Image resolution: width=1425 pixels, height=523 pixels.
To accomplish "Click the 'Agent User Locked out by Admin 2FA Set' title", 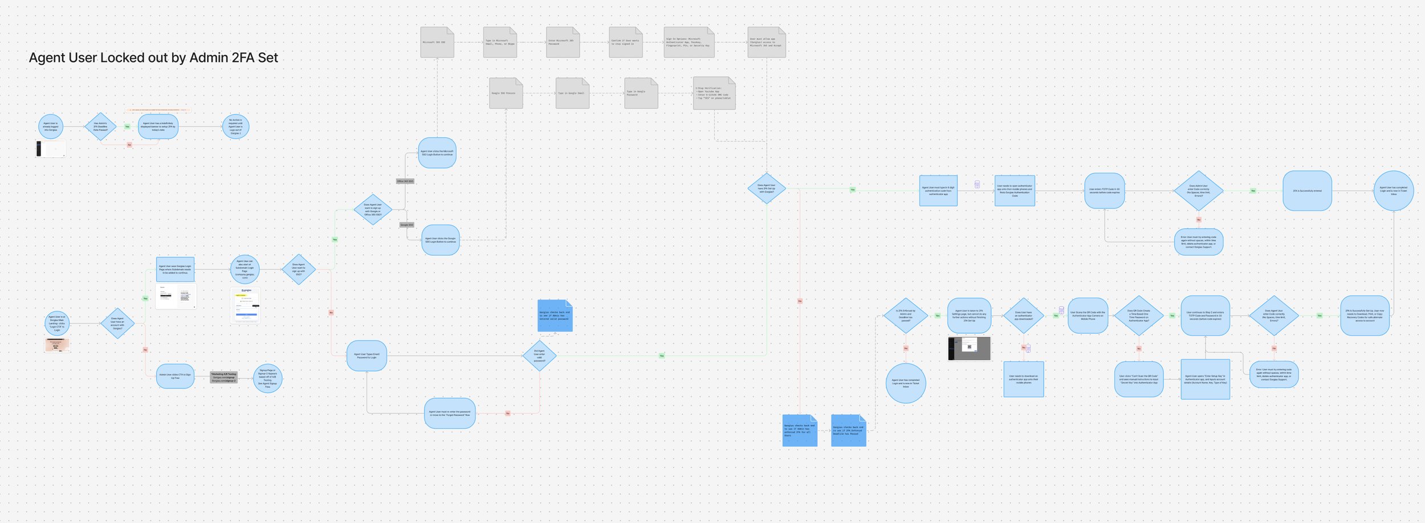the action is pos(153,58).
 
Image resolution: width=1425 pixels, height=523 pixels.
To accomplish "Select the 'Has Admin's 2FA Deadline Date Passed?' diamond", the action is pos(100,126).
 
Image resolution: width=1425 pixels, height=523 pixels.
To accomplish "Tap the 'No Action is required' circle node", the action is pos(235,126).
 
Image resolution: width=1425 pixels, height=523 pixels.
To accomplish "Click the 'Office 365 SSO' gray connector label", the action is pos(405,181).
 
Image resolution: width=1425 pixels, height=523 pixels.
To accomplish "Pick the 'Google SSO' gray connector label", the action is pos(406,225).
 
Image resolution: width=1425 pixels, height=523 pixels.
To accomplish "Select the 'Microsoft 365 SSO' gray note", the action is pos(437,42).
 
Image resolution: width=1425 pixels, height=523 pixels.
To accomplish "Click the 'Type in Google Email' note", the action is pos(572,93).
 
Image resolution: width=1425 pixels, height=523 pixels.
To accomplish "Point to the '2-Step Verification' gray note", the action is pos(714,93).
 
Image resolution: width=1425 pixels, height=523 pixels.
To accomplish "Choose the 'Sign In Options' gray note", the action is pos(689,42).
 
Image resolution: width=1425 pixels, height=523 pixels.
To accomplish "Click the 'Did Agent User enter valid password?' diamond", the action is pos(539,356).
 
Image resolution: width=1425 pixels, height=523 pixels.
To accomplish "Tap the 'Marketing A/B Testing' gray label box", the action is pos(223,377).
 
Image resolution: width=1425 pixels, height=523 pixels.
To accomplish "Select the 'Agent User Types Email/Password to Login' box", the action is pos(367,356).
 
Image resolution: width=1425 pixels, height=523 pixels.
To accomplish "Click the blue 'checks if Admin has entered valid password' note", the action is pos(555,316).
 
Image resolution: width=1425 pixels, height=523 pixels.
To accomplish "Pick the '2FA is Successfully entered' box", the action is pos(1307,191).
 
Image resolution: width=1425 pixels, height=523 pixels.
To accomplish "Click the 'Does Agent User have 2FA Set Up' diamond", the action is pos(767,189).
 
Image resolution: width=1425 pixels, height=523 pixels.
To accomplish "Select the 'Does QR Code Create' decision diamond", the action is pos(1139,316).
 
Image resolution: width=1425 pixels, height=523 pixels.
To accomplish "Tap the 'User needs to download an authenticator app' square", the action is pos(1023,379).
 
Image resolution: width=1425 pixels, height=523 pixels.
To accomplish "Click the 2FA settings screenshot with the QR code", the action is pos(969,348).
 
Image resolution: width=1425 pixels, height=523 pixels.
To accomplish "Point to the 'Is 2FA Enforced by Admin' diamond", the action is pos(906,316).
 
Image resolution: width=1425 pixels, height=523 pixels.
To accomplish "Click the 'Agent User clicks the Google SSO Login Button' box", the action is pos(441,240).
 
